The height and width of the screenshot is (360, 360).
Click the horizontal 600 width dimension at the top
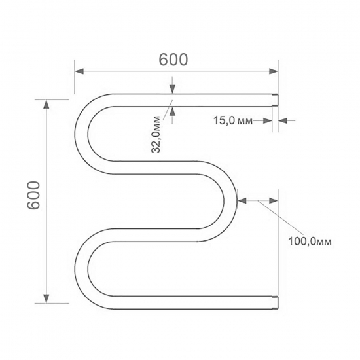173,59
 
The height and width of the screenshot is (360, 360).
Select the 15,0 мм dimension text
233,120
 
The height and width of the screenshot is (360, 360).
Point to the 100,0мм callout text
310,242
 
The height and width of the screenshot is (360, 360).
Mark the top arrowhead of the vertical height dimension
46,104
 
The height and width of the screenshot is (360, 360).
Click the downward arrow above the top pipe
171,90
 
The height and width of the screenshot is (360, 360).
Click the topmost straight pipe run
190,100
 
